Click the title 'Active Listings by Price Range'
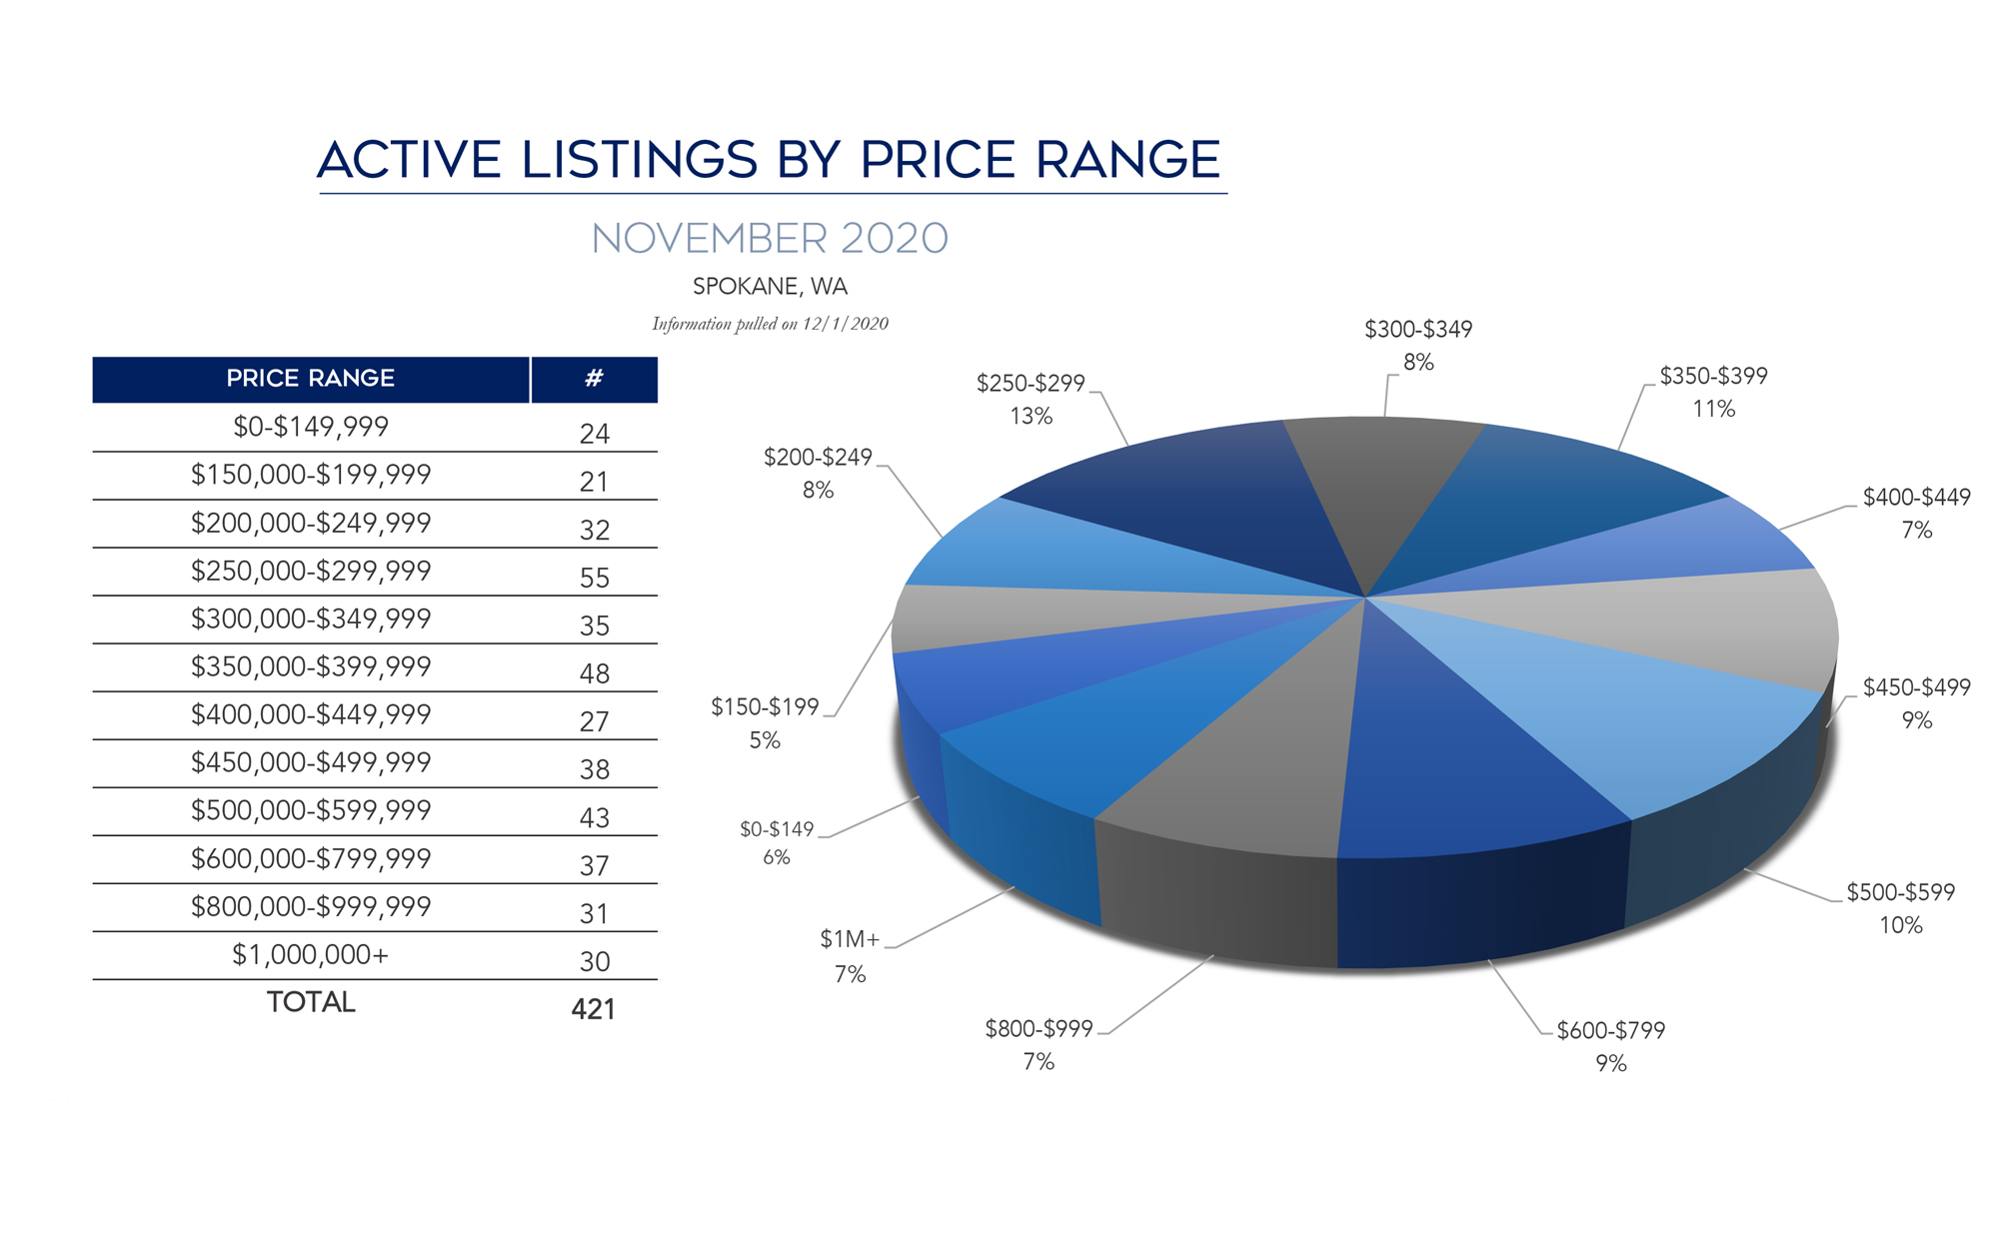coord(770,160)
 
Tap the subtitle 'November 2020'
coord(770,239)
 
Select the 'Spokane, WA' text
coord(770,287)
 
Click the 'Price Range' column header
coord(310,379)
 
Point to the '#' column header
coord(594,379)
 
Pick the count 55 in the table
coord(595,578)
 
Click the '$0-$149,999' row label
coord(310,427)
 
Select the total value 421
coord(593,1009)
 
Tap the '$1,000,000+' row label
coord(310,955)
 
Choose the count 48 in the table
coord(595,673)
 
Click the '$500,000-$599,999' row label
coord(310,810)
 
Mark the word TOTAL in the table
coord(310,1002)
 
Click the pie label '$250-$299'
coord(1030,384)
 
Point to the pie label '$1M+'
coord(850,939)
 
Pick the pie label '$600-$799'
coord(1611,1030)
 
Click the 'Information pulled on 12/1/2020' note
coord(770,324)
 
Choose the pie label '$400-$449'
coord(1916,498)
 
